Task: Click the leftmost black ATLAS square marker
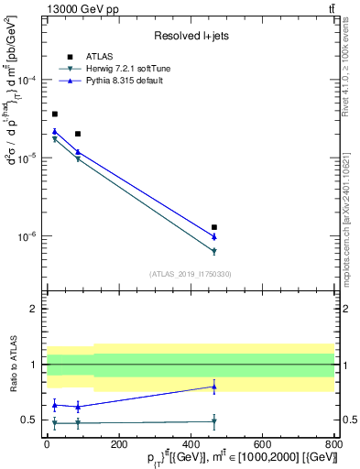(55, 114)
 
